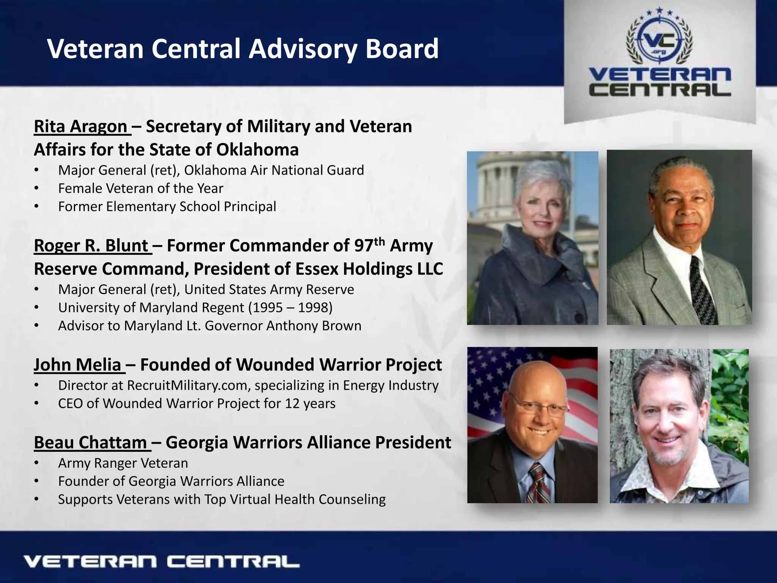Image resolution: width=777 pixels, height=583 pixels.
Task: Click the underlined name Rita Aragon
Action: (80, 126)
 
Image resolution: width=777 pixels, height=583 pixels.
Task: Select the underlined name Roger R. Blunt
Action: (91, 246)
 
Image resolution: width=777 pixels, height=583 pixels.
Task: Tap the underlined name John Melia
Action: (77, 365)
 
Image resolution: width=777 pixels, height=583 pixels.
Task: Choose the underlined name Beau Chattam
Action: (90, 443)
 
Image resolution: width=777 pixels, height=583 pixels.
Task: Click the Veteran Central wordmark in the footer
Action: (161, 562)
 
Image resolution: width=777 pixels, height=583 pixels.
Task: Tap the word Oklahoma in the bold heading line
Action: (258, 150)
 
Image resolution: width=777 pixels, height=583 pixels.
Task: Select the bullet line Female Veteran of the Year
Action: (141, 188)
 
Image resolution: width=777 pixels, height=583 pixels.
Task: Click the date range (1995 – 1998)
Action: (290, 307)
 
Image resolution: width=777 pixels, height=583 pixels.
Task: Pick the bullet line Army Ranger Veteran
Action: (123, 463)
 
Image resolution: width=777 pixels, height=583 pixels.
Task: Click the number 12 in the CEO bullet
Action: (292, 403)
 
